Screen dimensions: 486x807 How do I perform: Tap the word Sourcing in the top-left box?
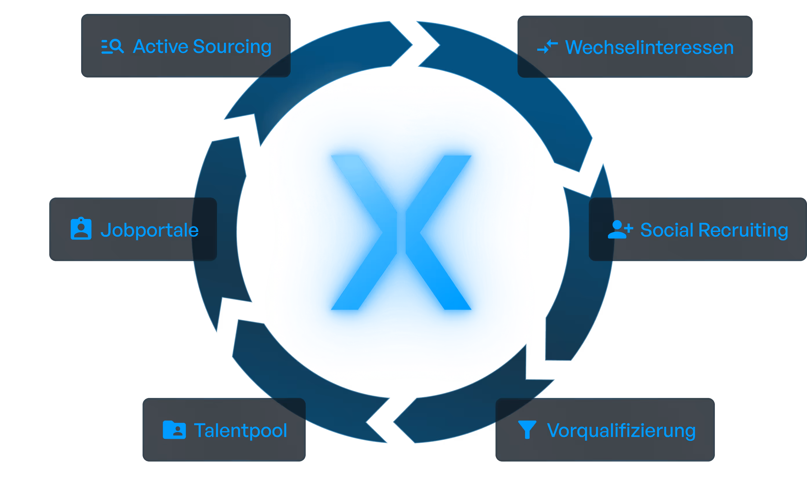pyautogui.click(x=232, y=47)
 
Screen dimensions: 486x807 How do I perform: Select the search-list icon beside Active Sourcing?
pyautogui.click(x=112, y=46)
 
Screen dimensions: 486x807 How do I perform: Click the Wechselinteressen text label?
pyautogui.click(x=649, y=47)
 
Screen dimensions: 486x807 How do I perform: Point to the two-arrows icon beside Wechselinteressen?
pyautogui.click(x=547, y=47)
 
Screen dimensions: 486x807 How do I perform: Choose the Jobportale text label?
pyautogui.click(x=149, y=230)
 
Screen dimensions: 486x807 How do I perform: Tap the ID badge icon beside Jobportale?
pyautogui.click(x=81, y=229)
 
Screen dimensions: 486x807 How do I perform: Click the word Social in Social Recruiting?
pyautogui.click(x=667, y=230)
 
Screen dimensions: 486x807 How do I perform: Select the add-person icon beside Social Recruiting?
pyautogui.click(x=620, y=229)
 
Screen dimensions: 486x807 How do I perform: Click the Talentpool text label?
pyautogui.click(x=241, y=430)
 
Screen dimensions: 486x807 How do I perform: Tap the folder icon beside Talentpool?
pyautogui.click(x=174, y=430)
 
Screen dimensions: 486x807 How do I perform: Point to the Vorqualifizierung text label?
pyautogui.click(x=621, y=431)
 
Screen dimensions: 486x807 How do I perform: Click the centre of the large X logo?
pyautogui.click(x=401, y=233)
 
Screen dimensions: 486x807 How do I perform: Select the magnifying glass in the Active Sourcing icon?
pyautogui.click(x=116, y=46)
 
